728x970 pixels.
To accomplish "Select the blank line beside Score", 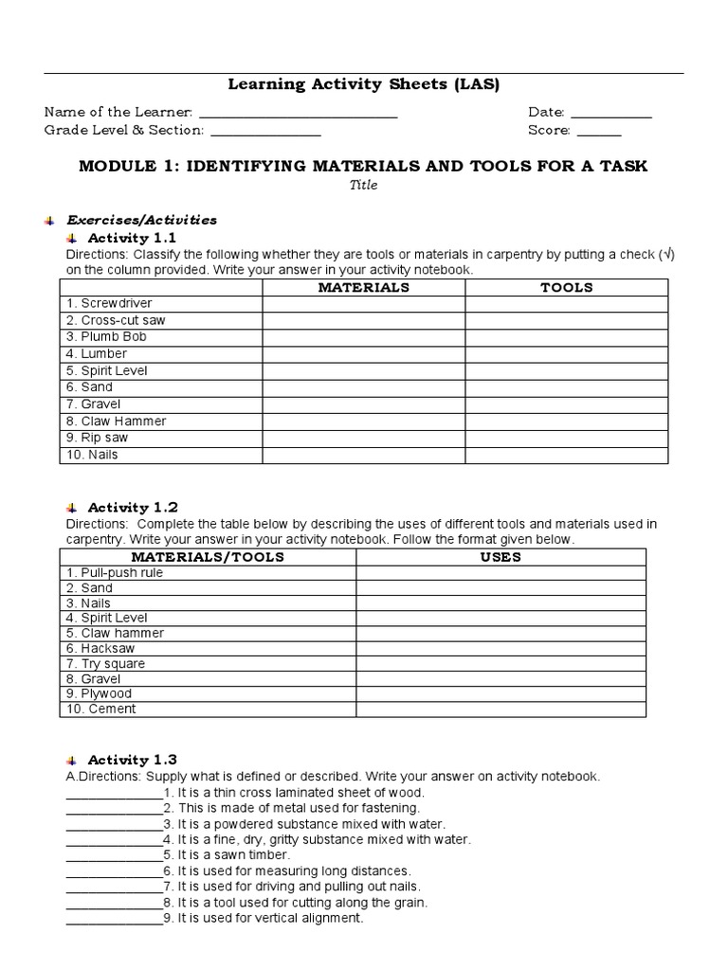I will [598, 133].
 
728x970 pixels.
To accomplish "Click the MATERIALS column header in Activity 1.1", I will [364, 287].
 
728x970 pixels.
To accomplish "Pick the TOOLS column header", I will [567, 287].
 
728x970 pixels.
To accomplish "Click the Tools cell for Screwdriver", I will [567, 304].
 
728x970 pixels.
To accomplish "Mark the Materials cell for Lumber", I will [364, 354].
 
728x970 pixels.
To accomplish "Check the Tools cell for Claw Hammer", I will [567, 422].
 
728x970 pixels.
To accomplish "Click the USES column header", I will [500, 558].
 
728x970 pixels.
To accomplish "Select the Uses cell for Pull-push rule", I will [500, 573].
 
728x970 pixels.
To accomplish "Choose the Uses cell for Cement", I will [500, 710].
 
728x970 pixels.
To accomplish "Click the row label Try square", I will [105, 664].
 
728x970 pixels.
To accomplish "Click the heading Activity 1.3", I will [132, 760].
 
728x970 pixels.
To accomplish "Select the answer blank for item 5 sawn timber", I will [114, 856].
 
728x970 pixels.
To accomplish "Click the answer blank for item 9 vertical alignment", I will [114, 920].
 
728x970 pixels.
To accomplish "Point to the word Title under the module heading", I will [364, 186].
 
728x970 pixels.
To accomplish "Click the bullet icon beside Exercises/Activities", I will [48, 221].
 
